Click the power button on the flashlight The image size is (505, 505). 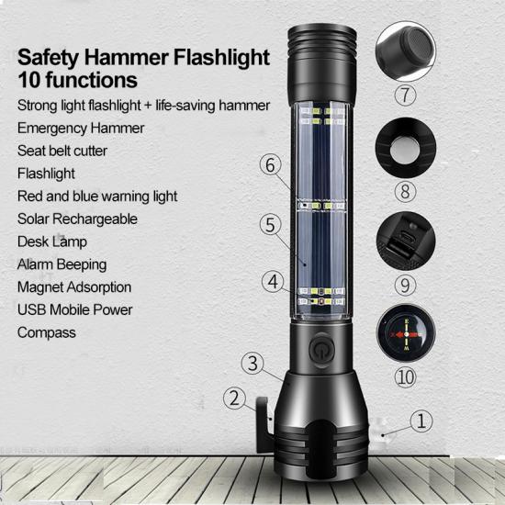321,351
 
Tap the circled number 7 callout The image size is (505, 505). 405,95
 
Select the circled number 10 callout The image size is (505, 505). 405,377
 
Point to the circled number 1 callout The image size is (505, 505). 421,421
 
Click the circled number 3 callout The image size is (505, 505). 252,364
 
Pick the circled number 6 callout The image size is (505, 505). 271,164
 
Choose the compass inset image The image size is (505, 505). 406,333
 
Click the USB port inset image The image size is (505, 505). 406,241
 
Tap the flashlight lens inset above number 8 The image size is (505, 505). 406,148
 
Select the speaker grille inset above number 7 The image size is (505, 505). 406,50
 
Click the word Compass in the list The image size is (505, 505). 47,333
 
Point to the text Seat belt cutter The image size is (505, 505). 62,151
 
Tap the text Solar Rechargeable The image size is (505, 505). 77,219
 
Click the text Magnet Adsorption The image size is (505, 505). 74,287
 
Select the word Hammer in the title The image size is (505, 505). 127,57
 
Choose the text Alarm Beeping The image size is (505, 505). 62,264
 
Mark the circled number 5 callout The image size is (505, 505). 271,224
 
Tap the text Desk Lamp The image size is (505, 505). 52,241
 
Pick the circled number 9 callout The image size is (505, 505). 405,286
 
